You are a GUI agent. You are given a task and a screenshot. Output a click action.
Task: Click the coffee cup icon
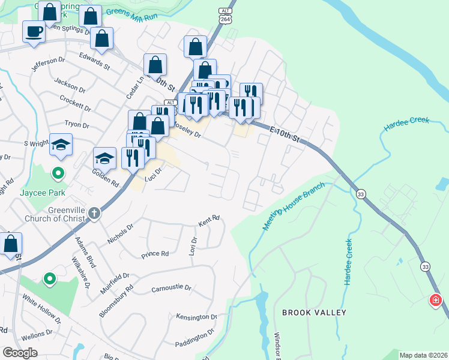click(34, 31)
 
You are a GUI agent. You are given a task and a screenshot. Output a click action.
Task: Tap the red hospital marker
click(435, 299)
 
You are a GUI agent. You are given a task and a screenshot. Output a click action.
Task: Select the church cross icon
click(94, 214)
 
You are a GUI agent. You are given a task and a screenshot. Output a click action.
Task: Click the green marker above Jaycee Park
click(58, 174)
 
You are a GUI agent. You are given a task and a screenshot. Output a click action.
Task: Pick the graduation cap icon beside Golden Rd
click(104, 158)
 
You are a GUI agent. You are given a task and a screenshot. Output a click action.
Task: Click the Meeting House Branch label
click(293, 206)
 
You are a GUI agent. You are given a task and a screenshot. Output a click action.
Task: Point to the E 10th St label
click(285, 134)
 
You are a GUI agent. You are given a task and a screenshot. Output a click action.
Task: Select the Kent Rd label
click(209, 221)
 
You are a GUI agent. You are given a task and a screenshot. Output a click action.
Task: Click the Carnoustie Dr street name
click(171, 288)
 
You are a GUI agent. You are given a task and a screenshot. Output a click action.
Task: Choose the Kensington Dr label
click(196, 316)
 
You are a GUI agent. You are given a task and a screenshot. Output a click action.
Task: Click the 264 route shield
click(225, 20)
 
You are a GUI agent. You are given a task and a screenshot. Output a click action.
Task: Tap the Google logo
click(20, 353)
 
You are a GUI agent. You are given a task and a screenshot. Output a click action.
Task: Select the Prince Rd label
click(155, 254)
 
